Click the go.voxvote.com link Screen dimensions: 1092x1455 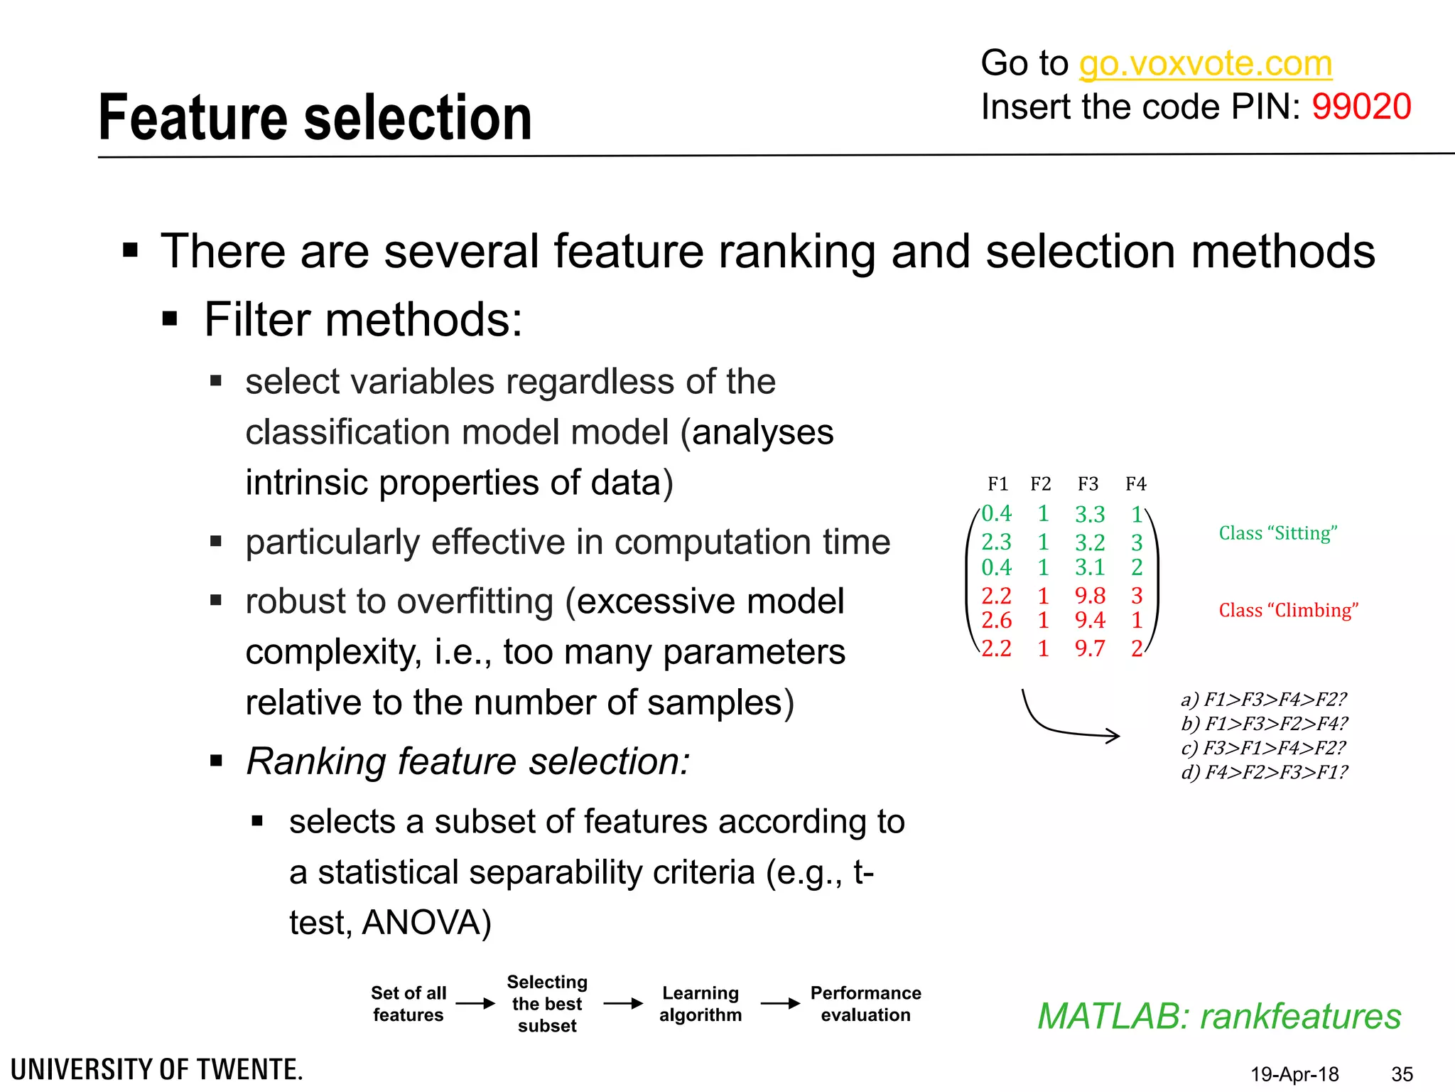(x=1205, y=64)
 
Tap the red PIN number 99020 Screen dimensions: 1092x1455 (x=1361, y=107)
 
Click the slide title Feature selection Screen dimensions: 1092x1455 (x=315, y=118)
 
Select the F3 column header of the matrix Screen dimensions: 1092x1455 (x=1088, y=484)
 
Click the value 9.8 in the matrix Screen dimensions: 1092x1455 (x=1090, y=596)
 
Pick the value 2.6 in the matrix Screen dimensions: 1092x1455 (x=996, y=621)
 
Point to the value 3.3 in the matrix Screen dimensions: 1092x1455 (x=1090, y=514)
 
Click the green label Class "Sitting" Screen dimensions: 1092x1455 (x=1277, y=533)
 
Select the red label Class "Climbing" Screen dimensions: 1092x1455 (x=1288, y=611)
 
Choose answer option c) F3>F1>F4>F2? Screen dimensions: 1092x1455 (x=1263, y=748)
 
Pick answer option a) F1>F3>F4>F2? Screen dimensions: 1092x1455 (x=1263, y=700)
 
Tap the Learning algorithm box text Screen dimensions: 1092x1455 (x=701, y=1004)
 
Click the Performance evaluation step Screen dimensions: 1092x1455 (x=865, y=1004)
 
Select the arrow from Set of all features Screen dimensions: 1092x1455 (x=475, y=1004)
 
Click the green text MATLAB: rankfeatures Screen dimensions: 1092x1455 (x=1219, y=1016)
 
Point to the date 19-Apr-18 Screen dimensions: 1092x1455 (x=1294, y=1074)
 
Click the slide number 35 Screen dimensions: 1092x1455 (x=1402, y=1074)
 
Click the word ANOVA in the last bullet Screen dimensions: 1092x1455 (x=425, y=923)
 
